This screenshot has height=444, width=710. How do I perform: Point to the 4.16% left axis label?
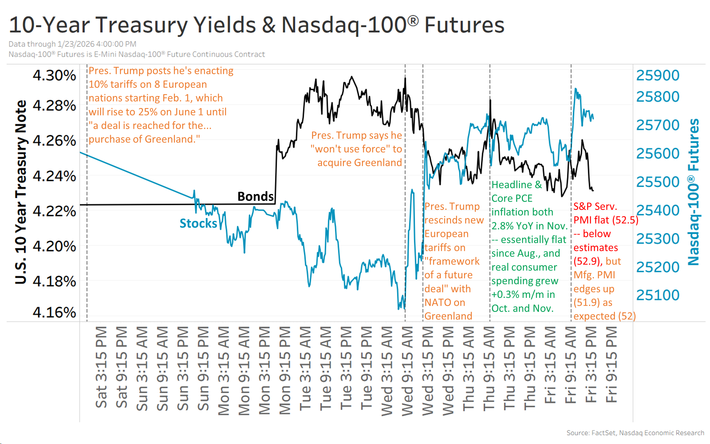[54, 312]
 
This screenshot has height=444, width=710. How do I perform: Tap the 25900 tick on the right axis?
[657, 75]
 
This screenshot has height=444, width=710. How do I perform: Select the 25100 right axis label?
[657, 295]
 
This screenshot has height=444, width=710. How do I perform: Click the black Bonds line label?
[255, 196]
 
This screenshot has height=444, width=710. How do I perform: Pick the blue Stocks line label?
[198, 223]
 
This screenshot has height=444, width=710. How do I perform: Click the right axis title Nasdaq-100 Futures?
[694, 192]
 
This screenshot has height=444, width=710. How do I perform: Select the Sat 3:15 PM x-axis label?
[101, 367]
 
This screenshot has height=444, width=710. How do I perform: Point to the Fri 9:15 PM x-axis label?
[612, 364]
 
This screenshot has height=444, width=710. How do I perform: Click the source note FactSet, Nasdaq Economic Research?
[635, 433]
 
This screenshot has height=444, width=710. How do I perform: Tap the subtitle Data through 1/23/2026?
[72, 44]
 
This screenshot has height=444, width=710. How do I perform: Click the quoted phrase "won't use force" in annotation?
[351, 149]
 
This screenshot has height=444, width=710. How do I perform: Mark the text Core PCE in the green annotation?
[512, 198]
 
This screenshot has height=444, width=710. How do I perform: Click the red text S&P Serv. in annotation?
[595, 206]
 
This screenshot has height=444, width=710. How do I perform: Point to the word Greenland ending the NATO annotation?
[448, 316]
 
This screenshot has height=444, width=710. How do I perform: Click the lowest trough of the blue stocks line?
[399, 309]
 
